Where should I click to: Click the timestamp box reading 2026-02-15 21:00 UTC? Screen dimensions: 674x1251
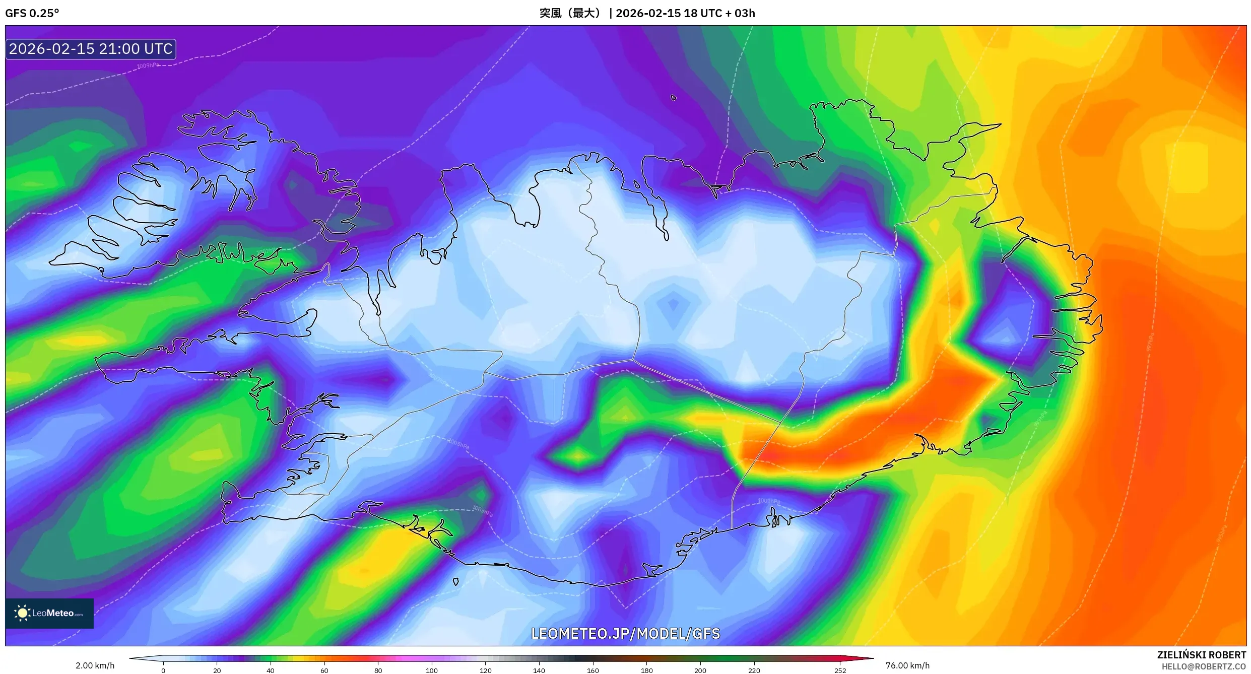[x=91, y=49]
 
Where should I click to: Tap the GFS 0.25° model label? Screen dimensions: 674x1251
[x=32, y=13]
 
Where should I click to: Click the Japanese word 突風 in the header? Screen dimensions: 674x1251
[x=550, y=13]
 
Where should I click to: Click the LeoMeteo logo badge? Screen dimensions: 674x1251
[x=49, y=613]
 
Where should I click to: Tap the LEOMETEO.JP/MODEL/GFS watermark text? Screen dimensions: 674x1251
[x=625, y=634]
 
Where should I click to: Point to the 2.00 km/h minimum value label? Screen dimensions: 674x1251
[x=95, y=665]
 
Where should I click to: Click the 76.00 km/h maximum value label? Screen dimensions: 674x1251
[x=907, y=665]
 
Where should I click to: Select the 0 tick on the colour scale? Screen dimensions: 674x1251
[x=163, y=670]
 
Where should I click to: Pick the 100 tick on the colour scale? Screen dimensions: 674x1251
[x=432, y=670]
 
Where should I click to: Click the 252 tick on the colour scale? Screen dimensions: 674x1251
[x=840, y=670]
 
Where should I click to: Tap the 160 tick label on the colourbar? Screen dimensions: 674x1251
[x=593, y=670]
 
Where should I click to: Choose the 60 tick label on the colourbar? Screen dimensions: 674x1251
[x=324, y=670]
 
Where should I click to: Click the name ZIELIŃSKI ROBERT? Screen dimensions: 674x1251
[x=1201, y=655]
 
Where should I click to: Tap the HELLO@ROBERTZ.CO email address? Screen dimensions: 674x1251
[x=1204, y=666]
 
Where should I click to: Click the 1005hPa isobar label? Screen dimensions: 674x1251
[x=458, y=443]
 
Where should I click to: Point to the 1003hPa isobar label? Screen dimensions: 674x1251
[x=482, y=510]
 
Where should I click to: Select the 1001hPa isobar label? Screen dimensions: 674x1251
[x=769, y=501]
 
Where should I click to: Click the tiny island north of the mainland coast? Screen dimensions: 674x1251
[x=674, y=98]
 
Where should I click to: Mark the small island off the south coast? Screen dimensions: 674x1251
[x=456, y=582]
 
